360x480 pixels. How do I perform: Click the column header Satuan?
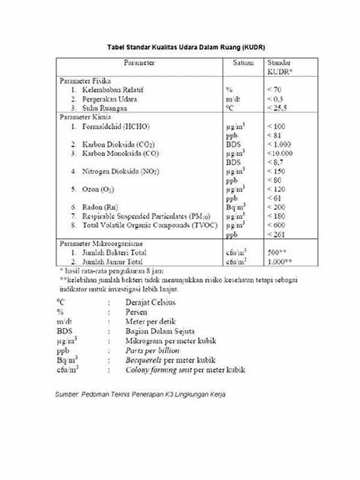pyautogui.click(x=243, y=62)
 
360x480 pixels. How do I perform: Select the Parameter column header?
pyautogui.click(x=139, y=62)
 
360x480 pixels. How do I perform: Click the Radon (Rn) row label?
pyautogui.click(x=100, y=207)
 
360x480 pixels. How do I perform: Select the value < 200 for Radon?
pyautogui.click(x=277, y=207)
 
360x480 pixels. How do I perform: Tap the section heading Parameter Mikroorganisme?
pyautogui.click(x=100, y=245)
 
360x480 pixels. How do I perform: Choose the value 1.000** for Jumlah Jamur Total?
pyautogui.click(x=280, y=262)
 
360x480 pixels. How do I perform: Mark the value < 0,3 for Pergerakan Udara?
pyautogui.click(x=276, y=98)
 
